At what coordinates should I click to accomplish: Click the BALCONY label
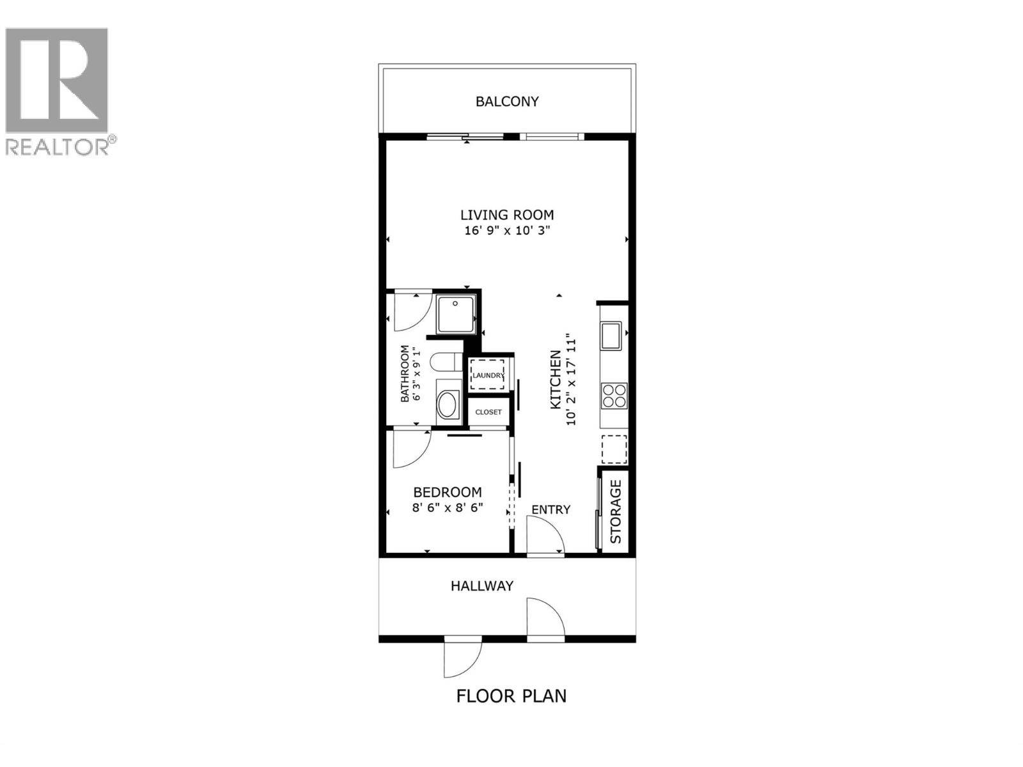click(507, 101)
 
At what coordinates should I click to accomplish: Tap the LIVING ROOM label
click(507, 215)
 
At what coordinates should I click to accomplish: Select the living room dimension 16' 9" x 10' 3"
click(508, 231)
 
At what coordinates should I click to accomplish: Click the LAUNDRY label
click(488, 375)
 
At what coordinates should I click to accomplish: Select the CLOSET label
click(488, 412)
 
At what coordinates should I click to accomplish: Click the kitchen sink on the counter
click(611, 336)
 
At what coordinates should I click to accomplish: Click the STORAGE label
click(616, 511)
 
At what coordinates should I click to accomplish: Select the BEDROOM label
click(448, 492)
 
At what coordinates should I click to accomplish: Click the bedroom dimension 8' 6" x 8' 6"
click(448, 508)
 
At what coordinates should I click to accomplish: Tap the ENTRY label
click(551, 509)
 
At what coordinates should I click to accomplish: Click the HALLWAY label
click(482, 585)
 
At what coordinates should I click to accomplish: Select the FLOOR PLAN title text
click(511, 695)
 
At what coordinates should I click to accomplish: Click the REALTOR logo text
click(58, 147)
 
